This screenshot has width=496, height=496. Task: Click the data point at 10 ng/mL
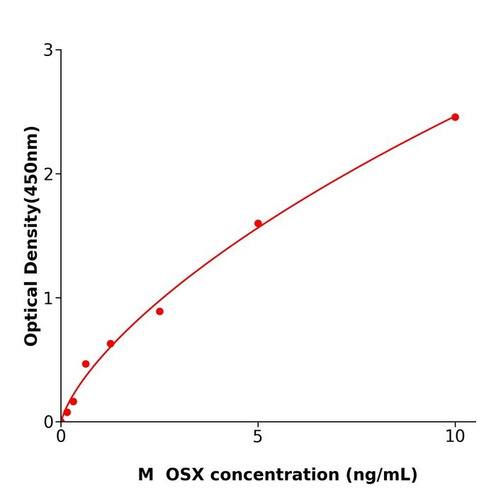click(x=455, y=117)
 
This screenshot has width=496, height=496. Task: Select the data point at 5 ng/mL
click(x=258, y=223)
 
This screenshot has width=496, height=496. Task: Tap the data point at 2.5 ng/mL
click(x=159, y=311)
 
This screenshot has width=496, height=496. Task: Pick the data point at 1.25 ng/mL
click(x=111, y=344)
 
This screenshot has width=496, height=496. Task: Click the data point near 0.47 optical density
click(x=86, y=363)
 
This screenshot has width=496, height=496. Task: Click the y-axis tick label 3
click(x=48, y=50)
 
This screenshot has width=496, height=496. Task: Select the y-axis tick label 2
click(x=48, y=174)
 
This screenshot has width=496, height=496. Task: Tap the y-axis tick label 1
click(x=48, y=298)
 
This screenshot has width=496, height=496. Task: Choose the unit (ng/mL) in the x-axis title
click(x=379, y=475)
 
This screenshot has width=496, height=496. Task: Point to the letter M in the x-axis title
click(x=145, y=475)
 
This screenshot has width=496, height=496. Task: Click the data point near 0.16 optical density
click(x=73, y=401)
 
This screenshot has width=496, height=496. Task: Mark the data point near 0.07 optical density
click(x=67, y=412)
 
